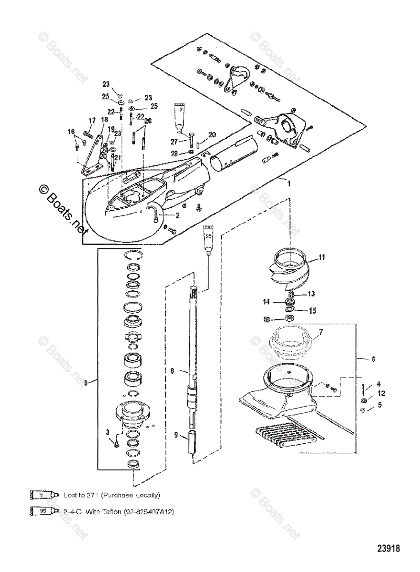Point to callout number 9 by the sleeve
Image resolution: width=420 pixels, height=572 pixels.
click(x=176, y=435)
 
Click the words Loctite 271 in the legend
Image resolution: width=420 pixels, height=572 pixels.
click(x=86, y=495)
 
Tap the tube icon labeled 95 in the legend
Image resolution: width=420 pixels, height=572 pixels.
click(x=43, y=511)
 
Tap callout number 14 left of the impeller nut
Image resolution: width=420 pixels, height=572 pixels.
click(x=266, y=302)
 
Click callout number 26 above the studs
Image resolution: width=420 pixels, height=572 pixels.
click(x=148, y=121)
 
